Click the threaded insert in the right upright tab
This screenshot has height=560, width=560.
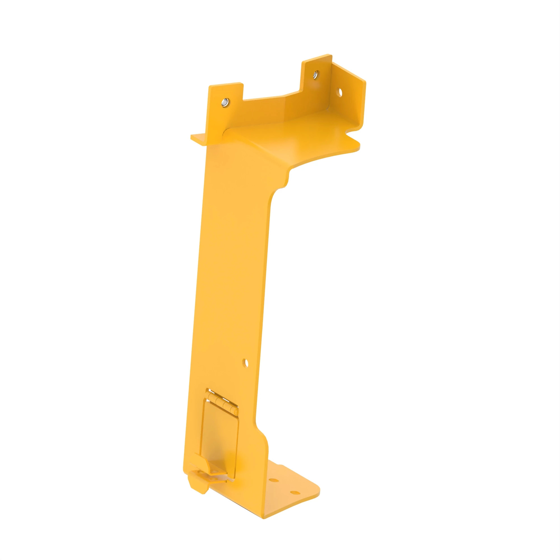pos(316,75)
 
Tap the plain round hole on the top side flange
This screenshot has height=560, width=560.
pos(340,93)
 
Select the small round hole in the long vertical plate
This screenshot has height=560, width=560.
pos(246,362)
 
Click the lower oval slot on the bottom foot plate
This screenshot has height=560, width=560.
pos(295,493)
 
